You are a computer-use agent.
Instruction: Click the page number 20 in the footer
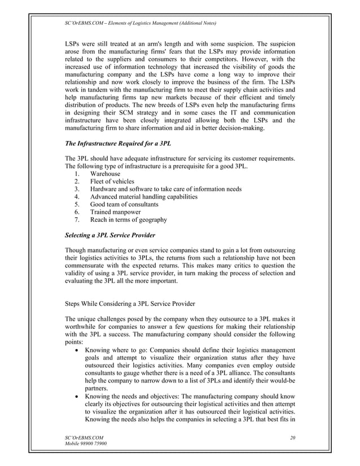click(x=292, y=437)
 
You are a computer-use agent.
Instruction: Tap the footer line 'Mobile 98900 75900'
click(x=86, y=445)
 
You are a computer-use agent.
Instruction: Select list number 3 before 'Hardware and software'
click(x=76, y=189)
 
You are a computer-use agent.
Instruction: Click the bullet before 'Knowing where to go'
click(x=77, y=350)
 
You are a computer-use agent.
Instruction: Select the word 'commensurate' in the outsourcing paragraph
click(x=90, y=265)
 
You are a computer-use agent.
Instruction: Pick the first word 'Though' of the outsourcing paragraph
click(x=77, y=250)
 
